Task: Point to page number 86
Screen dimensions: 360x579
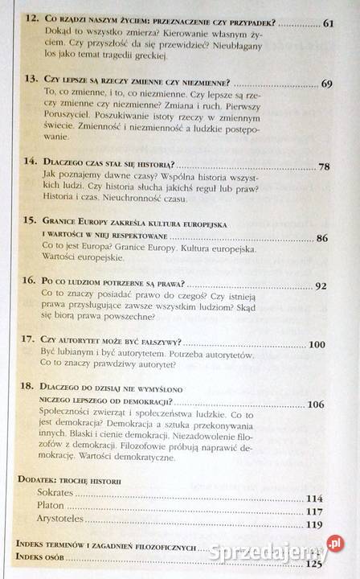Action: coord(322,239)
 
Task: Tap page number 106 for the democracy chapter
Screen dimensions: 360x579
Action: coord(315,404)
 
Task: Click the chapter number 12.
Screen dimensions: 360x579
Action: coord(31,23)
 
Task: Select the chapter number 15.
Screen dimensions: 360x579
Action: coord(30,219)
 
